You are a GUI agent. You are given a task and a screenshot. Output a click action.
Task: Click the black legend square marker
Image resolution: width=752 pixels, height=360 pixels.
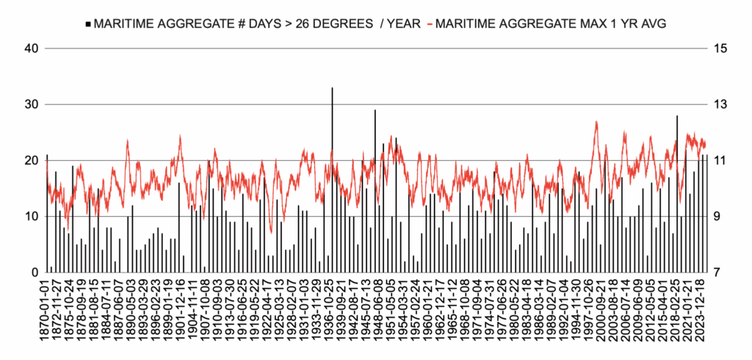point(88,24)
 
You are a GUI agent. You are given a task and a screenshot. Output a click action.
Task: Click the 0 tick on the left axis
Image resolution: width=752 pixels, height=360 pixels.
point(34,273)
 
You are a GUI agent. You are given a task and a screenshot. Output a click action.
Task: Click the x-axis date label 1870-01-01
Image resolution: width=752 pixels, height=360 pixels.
point(48,309)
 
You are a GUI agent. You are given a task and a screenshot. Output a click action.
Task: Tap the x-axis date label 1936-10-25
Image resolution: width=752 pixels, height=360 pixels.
point(332,309)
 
